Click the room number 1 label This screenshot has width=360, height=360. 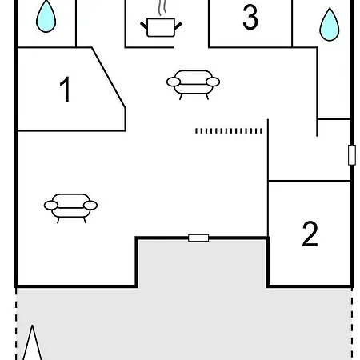coord(65,89)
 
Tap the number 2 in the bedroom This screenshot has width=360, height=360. coord(310,234)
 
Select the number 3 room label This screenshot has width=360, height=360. coord(250,17)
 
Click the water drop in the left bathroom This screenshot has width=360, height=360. coord(46,16)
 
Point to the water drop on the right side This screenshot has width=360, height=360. coord(330,25)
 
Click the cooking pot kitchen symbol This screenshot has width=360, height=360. coord(161,27)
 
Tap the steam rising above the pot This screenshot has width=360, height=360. coord(162,7)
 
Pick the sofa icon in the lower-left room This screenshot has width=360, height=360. coord(70,208)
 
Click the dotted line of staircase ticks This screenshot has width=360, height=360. coord(229,131)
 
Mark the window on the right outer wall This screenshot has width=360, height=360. coord(352,155)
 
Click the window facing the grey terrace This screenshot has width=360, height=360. coord(198,238)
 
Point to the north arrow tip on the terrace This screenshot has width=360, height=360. coord(32,325)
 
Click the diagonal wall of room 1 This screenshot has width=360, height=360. coord(109,78)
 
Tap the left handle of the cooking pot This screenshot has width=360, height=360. coord(144,26)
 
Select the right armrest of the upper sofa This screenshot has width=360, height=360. coord(213,82)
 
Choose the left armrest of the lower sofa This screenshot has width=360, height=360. coord(51,206)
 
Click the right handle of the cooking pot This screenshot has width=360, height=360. coord(178,26)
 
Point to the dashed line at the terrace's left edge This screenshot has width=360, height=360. coord(16,324)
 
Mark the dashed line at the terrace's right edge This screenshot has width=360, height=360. coord(352,324)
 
